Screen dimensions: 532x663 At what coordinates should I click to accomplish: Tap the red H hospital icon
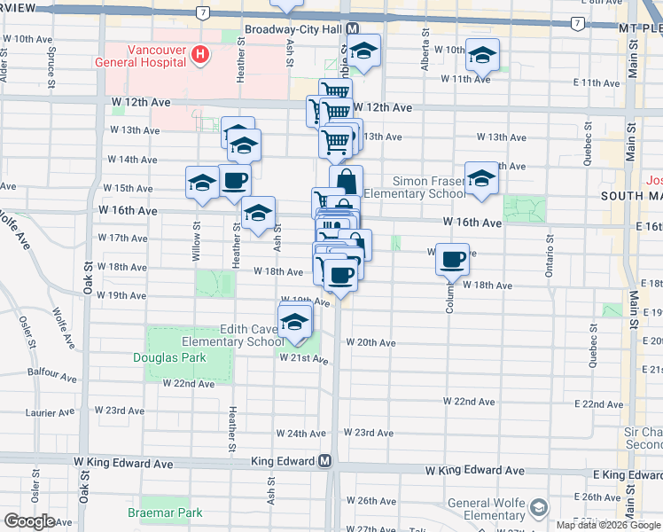(200, 55)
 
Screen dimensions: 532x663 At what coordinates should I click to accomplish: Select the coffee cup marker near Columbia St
(453, 259)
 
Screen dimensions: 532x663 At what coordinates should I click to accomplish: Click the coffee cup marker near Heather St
(234, 181)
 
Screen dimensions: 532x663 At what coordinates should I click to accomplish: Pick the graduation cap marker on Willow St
(202, 183)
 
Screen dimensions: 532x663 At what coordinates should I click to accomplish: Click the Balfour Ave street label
(48, 372)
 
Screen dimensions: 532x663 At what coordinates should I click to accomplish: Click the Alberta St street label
(426, 52)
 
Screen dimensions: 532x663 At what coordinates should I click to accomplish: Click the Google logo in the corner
(29, 520)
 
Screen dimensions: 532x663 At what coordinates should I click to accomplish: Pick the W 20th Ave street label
(370, 342)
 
